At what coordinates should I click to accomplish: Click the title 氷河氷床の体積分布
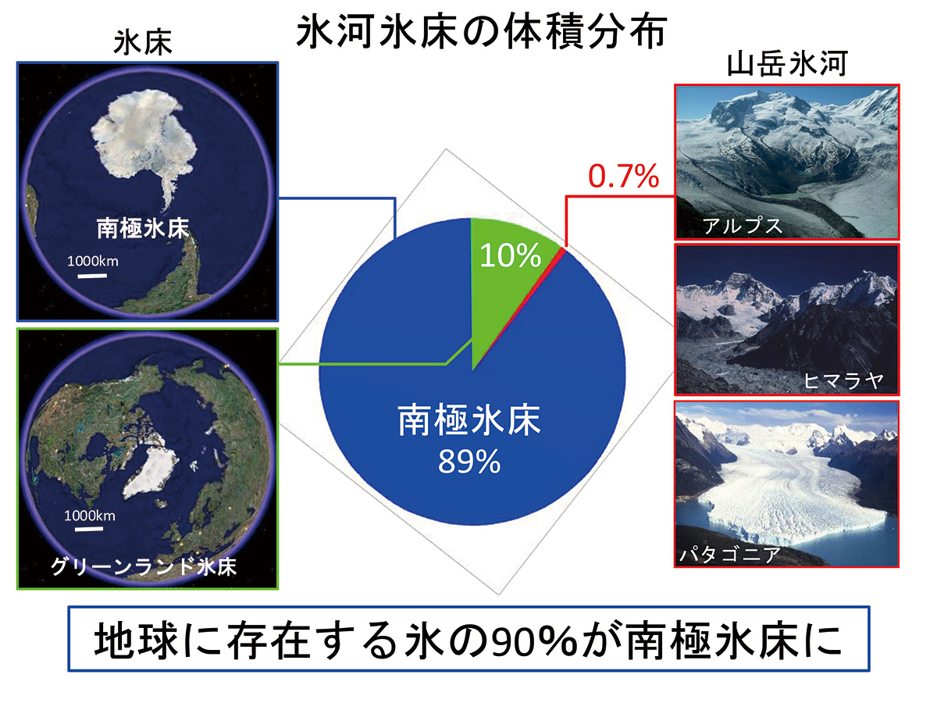pyautogui.click(x=481, y=32)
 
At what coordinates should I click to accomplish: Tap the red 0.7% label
pyautogui.click(x=624, y=176)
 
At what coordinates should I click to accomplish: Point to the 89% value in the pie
pyautogui.click(x=469, y=462)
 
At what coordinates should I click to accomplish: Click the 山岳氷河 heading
pyautogui.click(x=787, y=64)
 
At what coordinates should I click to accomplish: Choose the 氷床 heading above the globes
pyautogui.click(x=143, y=42)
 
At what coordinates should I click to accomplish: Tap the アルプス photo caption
pyautogui.click(x=743, y=226)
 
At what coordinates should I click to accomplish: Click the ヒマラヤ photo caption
pyautogui.click(x=843, y=380)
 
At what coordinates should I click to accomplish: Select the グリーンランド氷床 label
pyautogui.click(x=144, y=566)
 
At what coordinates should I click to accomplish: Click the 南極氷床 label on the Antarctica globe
pyautogui.click(x=143, y=228)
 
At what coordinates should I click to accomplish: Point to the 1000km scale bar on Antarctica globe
pyautogui.click(x=92, y=276)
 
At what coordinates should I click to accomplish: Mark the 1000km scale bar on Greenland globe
pyautogui.click(x=89, y=530)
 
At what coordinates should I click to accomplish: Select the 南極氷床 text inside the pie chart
pyautogui.click(x=469, y=421)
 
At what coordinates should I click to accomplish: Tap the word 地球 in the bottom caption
pyautogui.click(x=136, y=641)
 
